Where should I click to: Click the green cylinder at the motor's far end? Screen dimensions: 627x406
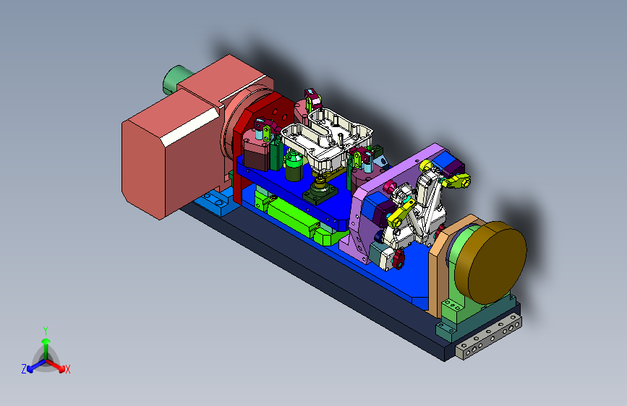coord(175,79)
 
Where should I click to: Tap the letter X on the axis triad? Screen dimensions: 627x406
coord(67,369)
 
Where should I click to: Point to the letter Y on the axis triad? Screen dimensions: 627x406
coord(46,330)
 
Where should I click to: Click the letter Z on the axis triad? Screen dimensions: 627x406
coord(24,369)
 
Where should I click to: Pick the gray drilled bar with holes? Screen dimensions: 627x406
coord(489,337)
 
